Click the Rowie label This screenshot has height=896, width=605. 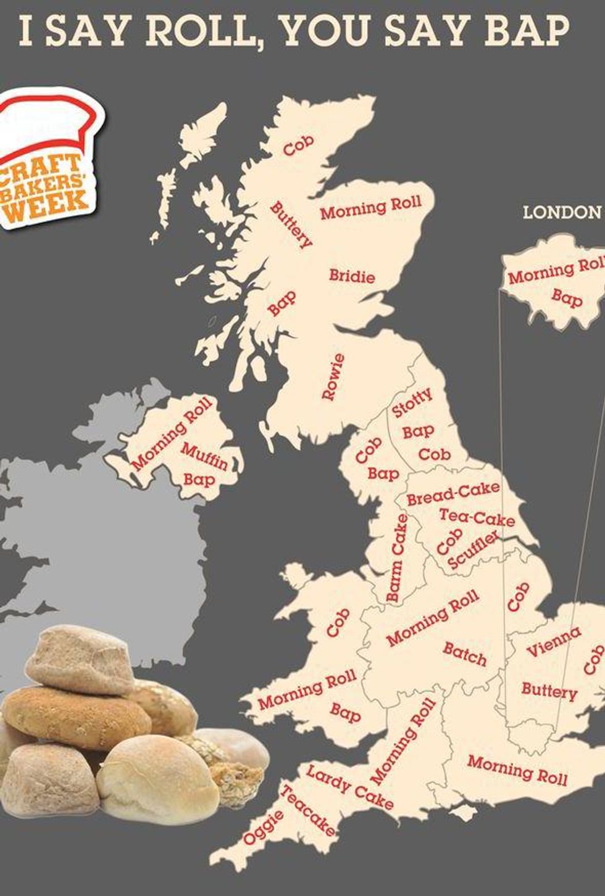tap(333, 376)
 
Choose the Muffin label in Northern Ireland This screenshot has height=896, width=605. tap(204, 457)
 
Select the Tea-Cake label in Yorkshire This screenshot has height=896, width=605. tap(477, 517)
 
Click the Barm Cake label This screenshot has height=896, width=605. tap(397, 558)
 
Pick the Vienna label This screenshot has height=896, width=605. tap(553, 642)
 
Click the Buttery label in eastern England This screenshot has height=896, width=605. tap(549, 690)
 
